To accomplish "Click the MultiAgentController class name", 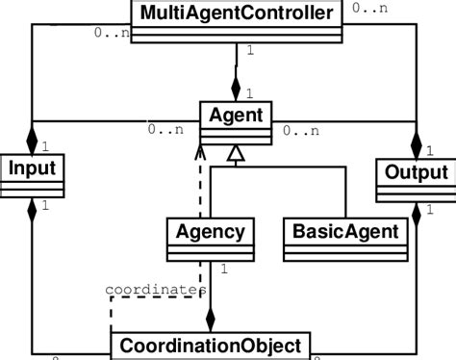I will (x=236, y=13).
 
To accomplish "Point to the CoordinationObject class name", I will (x=211, y=345).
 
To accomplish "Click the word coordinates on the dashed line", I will (x=155, y=289).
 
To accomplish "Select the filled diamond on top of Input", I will (x=33, y=141).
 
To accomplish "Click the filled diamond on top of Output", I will (x=416, y=144).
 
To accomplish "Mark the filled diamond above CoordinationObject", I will (x=211, y=320).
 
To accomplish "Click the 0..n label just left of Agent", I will (x=165, y=129).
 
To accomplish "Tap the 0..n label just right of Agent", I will (x=301, y=129).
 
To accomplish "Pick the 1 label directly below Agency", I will (x=223, y=271).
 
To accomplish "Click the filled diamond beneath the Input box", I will (x=33, y=205).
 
